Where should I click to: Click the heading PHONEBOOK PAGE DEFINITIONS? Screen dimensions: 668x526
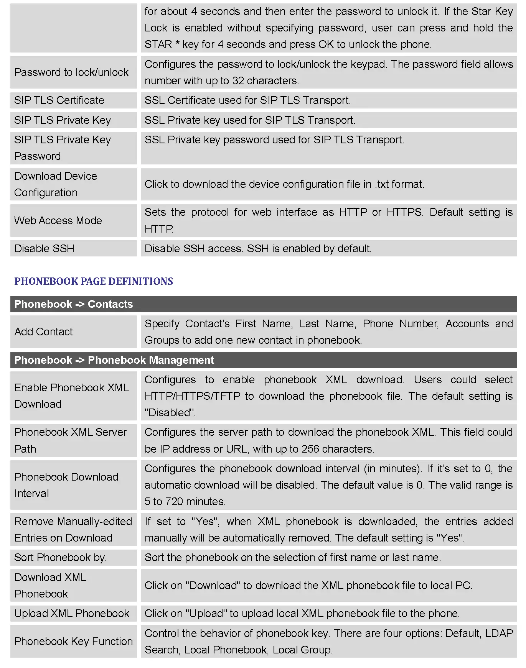click(x=94, y=281)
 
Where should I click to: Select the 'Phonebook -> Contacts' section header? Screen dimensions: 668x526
click(x=73, y=304)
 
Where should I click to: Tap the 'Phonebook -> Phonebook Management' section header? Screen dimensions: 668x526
click(x=114, y=360)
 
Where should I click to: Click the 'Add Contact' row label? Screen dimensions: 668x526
click(x=43, y=332)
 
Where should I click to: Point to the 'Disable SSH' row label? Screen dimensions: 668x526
click(x=44, y=248)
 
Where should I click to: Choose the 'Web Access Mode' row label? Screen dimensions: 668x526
click(x=58, y=220)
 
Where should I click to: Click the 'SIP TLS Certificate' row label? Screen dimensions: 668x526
click(x=59, y=100)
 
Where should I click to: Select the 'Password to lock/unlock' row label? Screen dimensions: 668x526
click(x=71, y=72)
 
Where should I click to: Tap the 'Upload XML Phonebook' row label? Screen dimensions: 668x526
click(x=72, y=613)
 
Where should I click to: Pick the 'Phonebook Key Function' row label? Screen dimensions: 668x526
click(x=73, y=641)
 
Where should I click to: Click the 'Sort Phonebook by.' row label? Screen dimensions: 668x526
click(x=60, y=557)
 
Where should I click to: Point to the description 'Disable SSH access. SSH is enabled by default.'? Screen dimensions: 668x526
click(x=258, y=248)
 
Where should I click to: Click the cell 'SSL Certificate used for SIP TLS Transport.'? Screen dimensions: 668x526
click(x=247, y=100)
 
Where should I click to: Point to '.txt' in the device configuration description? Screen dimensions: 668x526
click(x=382, y=184)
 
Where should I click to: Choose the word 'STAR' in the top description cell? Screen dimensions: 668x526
click(x=158, y=44)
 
